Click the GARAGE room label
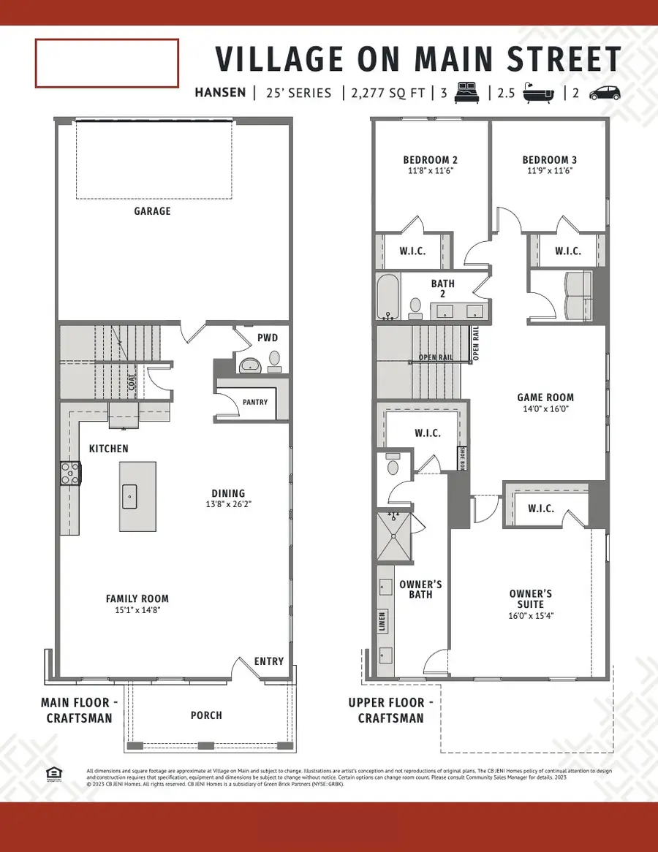click(152, 211)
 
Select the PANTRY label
click(255, 402)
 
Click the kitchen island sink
click(130, 497)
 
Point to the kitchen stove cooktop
click(70, 473)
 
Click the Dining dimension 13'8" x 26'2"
click(228, 504)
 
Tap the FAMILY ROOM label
click(137, 599)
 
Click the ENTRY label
click(268, 661)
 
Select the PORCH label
click(206, 715)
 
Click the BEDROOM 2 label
click(431, 160)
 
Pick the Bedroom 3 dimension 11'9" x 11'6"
click(549, 171)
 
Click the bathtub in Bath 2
click(387, 297)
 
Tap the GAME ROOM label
click(545, 398)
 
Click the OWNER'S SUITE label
click(530, 599)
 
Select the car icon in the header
click(605, 93)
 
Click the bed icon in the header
click(466, 93)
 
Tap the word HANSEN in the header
click(220, 93)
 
